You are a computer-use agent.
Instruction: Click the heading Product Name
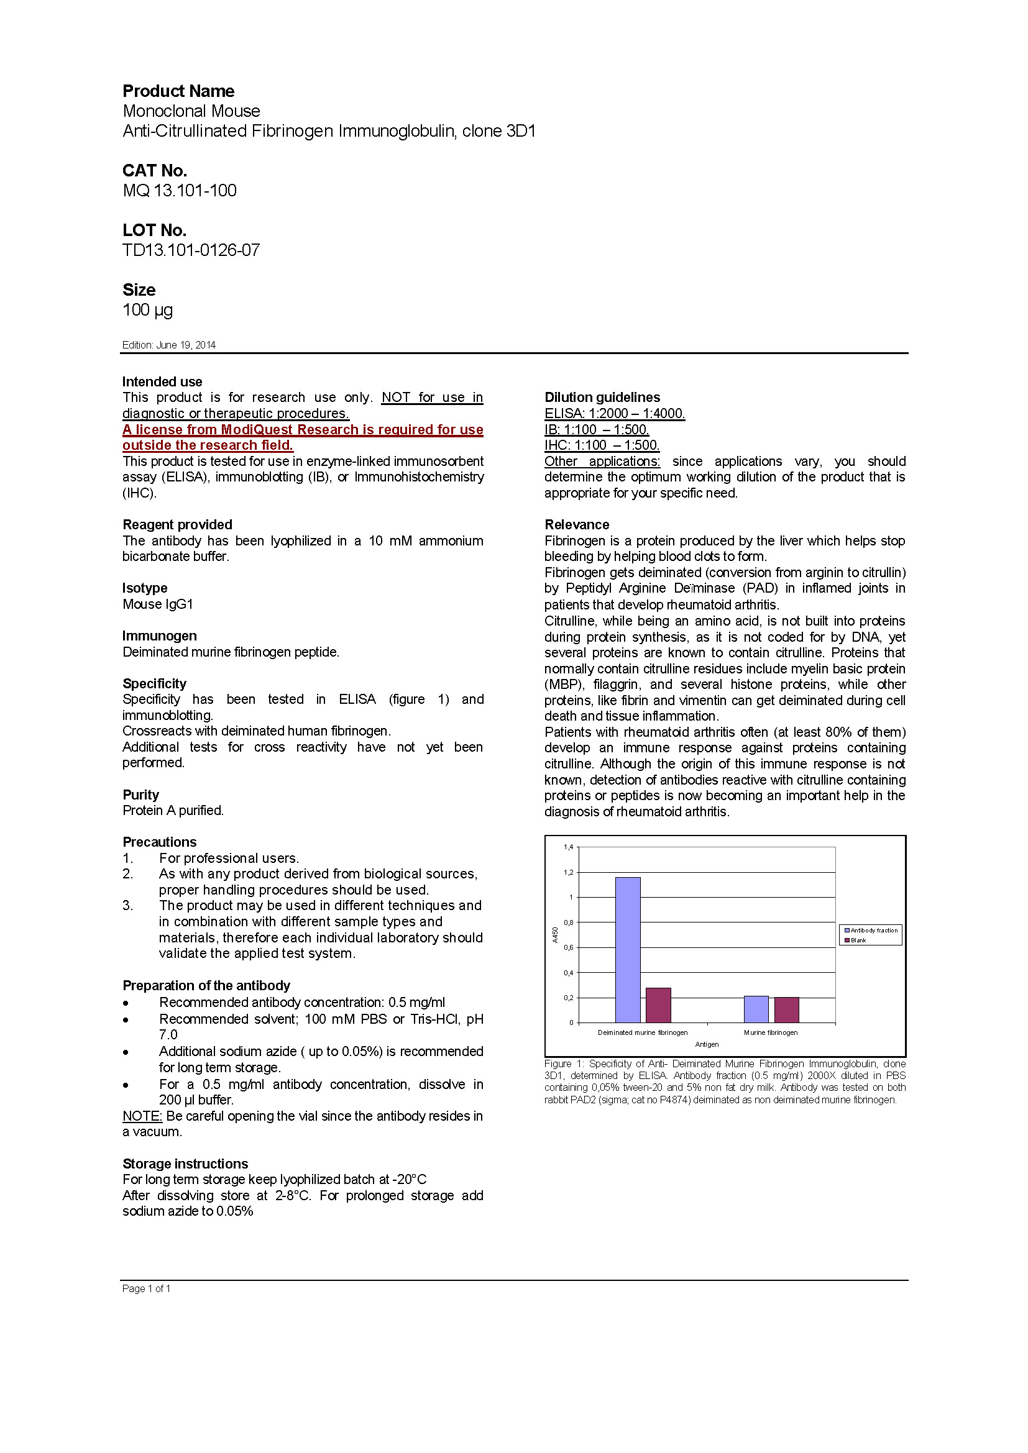(178, 91)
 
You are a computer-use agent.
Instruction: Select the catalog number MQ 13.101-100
(179, 191)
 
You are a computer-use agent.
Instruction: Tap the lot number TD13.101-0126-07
(191, 250)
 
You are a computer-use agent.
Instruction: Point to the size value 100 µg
(147, 309)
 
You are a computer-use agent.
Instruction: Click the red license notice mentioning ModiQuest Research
(302, 437)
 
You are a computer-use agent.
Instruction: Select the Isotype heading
(145, 588)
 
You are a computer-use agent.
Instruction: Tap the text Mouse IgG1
(158, 604)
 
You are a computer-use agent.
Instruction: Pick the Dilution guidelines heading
(602, 397)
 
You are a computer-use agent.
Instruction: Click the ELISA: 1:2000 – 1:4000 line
(614, 413)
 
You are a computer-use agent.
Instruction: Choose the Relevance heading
(577, 524)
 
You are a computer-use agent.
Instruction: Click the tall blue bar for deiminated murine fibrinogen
(627, 949)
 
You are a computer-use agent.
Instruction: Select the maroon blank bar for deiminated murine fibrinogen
(658, 1005)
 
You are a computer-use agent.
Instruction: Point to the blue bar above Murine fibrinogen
(756, 1009)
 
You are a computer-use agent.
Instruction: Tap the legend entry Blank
(858, 941)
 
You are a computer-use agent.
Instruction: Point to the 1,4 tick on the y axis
(569, 847)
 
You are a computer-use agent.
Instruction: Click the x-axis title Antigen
(707, 1044)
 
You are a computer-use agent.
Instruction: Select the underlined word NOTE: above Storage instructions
(142, 1116)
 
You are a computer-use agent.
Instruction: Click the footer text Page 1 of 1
(146, 1288)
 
